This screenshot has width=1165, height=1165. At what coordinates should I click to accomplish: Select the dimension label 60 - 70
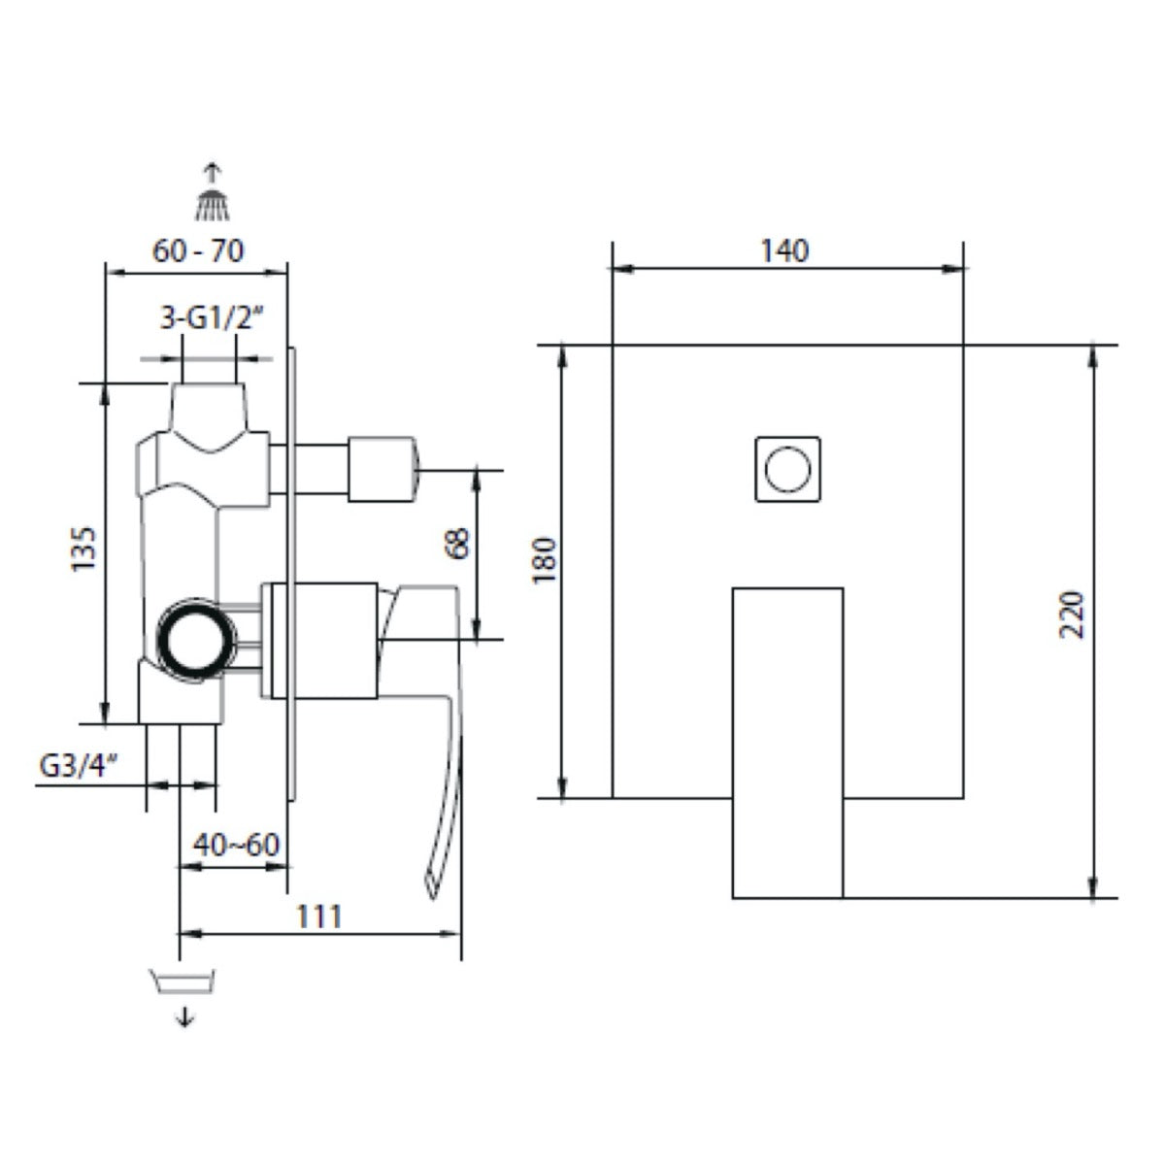tap(198, 250)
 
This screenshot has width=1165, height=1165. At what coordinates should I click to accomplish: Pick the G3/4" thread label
tap(79, 765)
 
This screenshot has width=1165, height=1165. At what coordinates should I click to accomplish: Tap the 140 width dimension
tap(784, 250)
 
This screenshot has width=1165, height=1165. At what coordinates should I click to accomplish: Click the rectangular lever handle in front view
tap(787, 742)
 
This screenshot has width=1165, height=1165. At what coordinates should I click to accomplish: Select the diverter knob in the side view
tap(384, 470)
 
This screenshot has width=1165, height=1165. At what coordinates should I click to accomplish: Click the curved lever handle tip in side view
tap(430, 879)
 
